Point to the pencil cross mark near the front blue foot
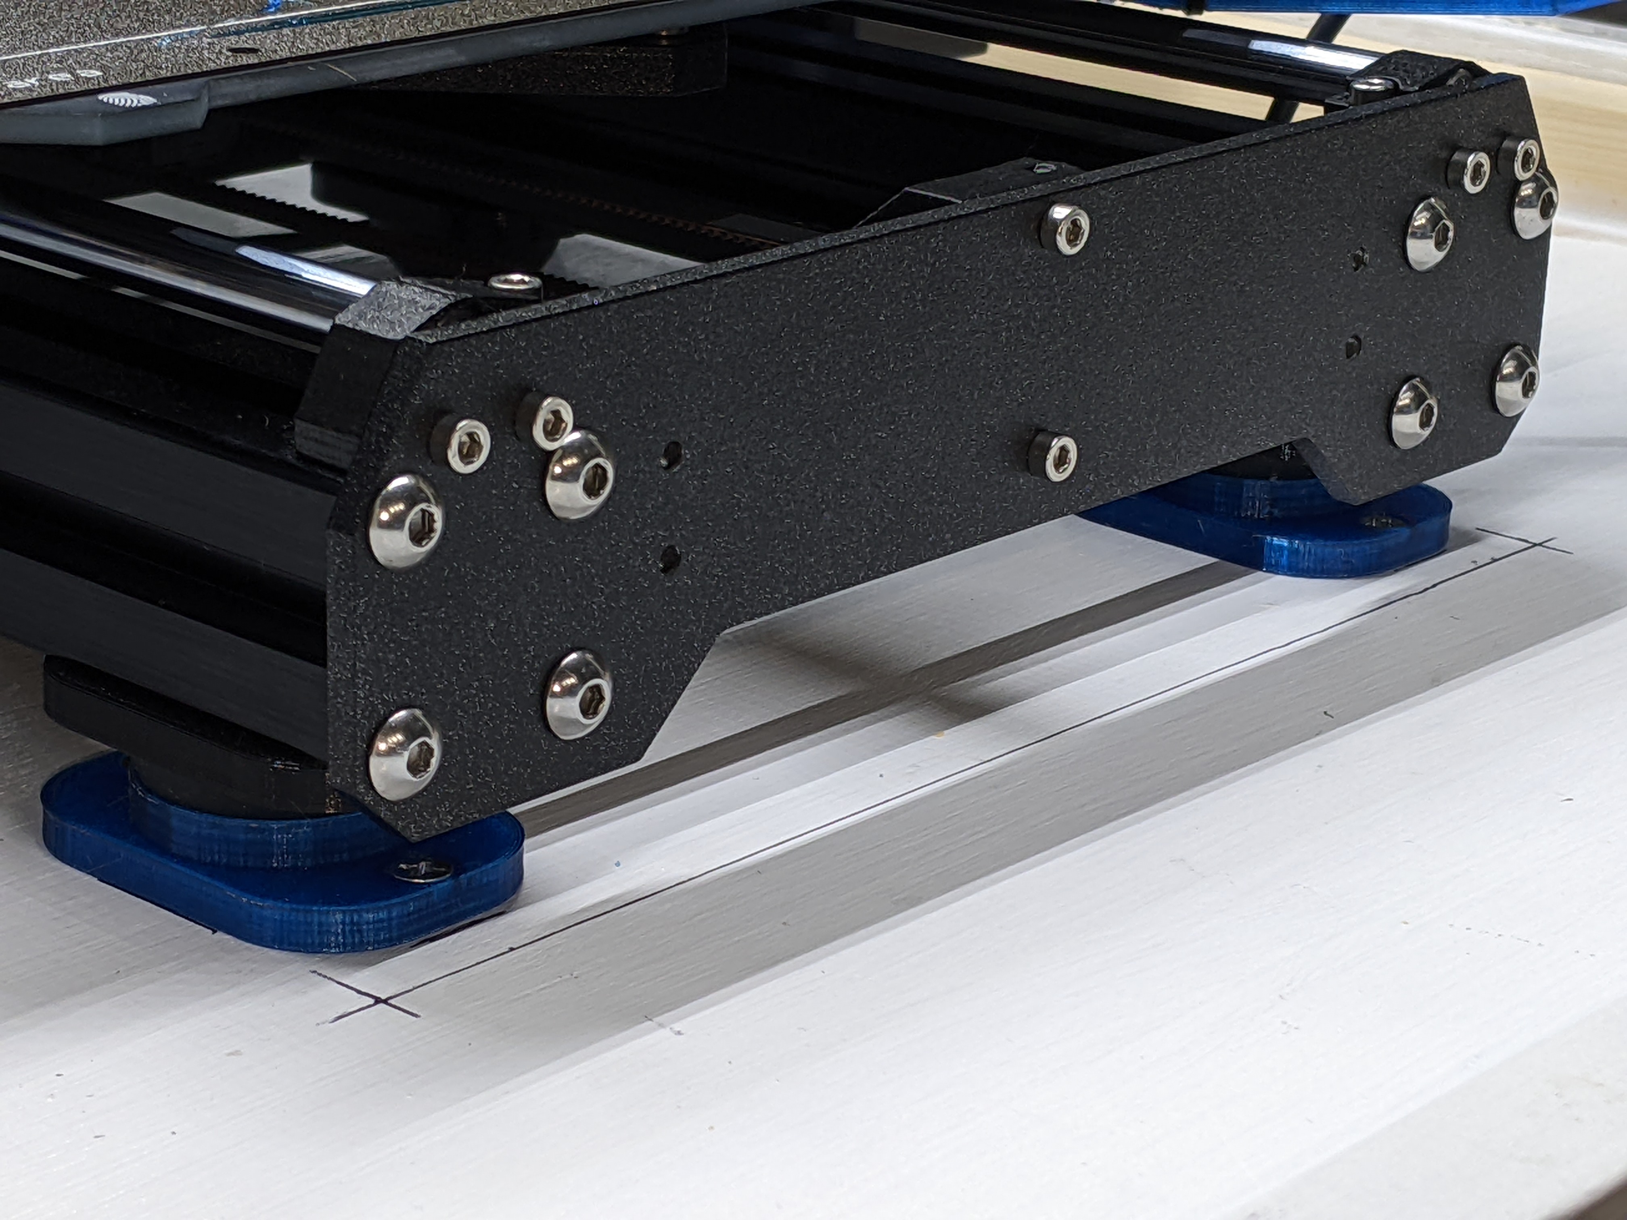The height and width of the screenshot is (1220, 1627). tap(376, 1002)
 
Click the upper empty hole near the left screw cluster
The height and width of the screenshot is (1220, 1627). tap(670, 454)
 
